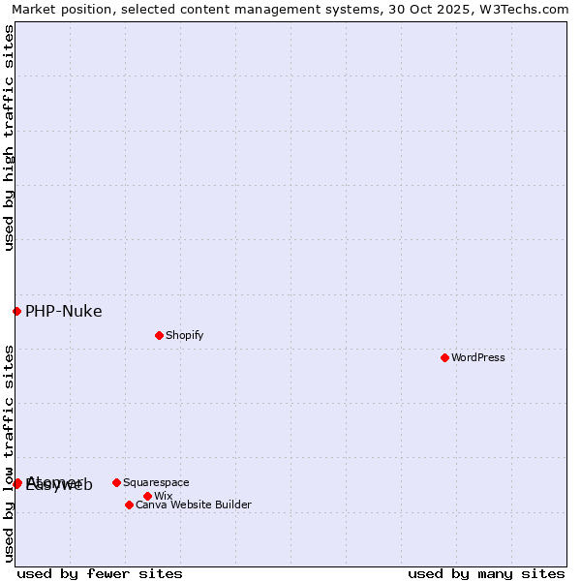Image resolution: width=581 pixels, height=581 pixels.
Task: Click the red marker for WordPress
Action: click(444, 357)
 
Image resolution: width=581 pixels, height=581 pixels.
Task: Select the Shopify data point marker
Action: click(159, 335)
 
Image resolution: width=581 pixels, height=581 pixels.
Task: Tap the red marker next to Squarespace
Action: click(116, 482)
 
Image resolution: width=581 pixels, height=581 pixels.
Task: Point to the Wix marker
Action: click(147, 496)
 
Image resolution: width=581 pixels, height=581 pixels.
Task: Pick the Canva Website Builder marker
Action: click(129, 505)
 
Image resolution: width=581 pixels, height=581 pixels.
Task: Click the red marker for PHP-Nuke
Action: click(16, 311)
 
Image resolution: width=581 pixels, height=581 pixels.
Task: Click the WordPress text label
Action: click(478, 357)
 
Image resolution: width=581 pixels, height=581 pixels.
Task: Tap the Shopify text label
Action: click(184, 335)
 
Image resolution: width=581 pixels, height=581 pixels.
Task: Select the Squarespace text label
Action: click(156, 482)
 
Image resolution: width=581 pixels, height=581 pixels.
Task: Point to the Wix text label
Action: click(163, 496)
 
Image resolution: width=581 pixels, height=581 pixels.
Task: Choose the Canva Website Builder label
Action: click(194, 505)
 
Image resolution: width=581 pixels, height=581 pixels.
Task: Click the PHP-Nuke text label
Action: click(63, 311)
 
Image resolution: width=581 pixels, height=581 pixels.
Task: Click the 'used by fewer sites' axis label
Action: click(100, 573)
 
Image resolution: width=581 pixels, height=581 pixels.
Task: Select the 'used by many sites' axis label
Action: click(486, 573)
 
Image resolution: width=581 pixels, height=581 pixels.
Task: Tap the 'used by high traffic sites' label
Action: click(9, 138)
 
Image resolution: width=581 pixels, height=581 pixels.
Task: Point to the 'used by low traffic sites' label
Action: click(9, 453)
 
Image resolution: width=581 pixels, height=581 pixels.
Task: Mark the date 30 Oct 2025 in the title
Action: click(433, 9)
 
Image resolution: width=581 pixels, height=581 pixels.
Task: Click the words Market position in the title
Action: click(57, 9)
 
